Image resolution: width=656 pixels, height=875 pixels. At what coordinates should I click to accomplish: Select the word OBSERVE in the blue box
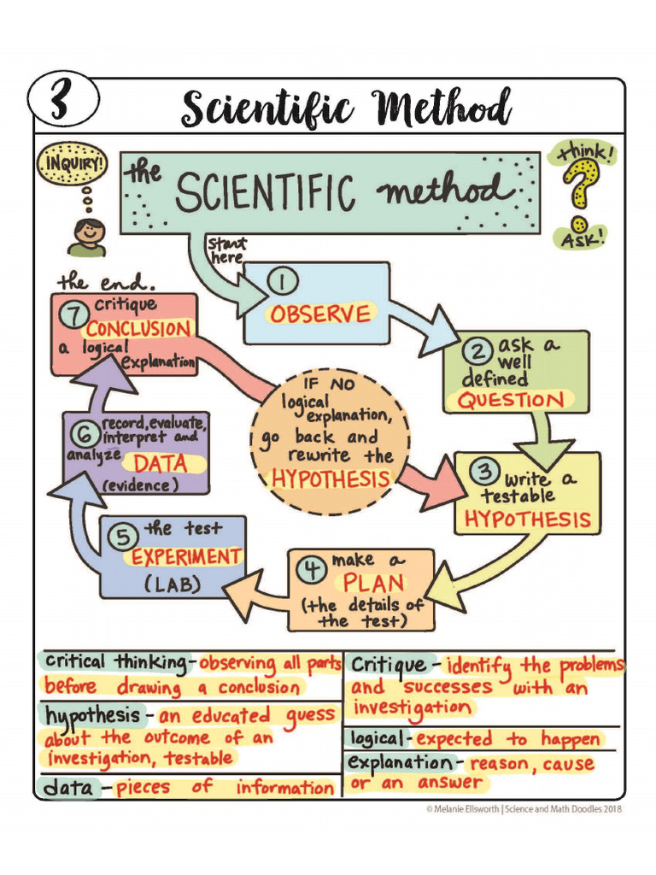320,314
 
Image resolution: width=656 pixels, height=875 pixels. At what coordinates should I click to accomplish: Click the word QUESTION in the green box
512,400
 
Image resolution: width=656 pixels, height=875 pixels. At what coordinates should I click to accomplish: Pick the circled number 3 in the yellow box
484,471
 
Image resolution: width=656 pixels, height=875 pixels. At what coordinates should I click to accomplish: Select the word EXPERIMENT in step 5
185,557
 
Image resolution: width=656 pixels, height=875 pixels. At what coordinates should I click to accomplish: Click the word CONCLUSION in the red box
138,329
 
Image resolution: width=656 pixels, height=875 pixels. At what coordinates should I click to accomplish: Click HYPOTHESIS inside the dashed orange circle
331,479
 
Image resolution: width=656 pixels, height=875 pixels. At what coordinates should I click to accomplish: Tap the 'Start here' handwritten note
225,250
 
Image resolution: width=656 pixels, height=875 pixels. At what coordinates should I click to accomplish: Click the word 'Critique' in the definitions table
389,665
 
